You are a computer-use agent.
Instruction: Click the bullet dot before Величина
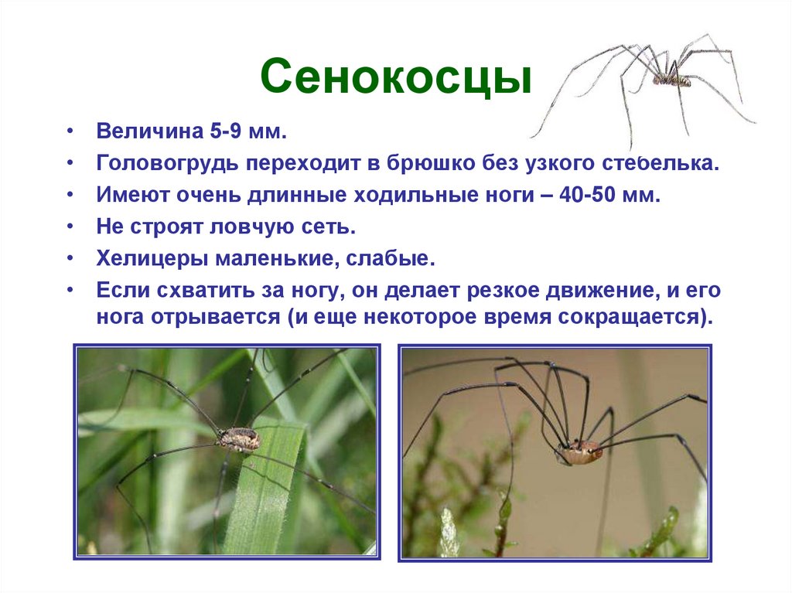[x=70, y=132]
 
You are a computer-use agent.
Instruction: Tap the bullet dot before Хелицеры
[x=70, y=259]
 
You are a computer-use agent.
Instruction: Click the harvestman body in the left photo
[x=238, y=439]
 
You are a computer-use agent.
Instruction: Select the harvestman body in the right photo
[x=579, y=453]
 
